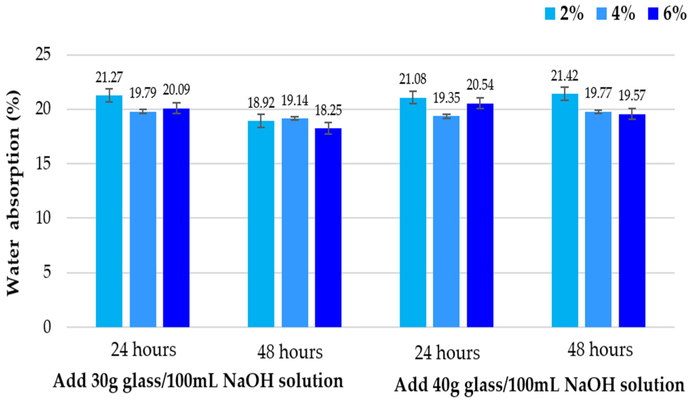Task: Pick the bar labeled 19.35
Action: point(446,221)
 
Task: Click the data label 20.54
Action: point(480,85)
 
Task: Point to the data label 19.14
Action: point(295,101)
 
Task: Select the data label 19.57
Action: point(632,95)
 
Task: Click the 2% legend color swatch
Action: point(550,14)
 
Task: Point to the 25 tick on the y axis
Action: point(43,55)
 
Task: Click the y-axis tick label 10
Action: point(43,218)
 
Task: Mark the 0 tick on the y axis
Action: point(47,327)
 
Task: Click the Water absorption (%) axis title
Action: point(13,193)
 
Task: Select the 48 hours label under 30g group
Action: point(290,352)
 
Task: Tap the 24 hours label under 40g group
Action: point(447,353)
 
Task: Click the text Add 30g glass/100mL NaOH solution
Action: point(198,381)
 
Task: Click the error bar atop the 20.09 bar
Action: point(177,108)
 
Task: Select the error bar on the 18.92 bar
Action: point(261,121)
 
